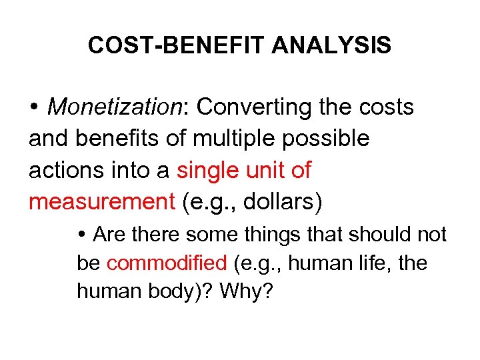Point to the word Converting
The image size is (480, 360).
tap(256, 107)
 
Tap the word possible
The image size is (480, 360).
tap(329, 139)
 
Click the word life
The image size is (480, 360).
tap(365, 263)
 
